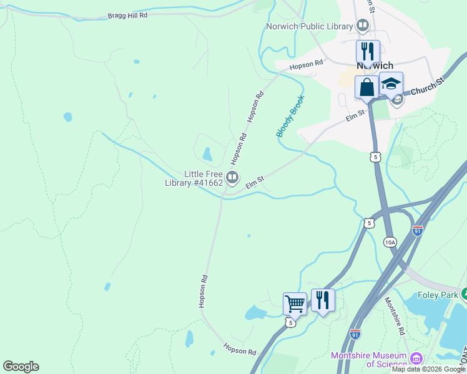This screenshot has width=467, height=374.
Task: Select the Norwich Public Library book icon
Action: point(363,26)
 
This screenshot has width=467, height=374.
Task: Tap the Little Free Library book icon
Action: point(232,178)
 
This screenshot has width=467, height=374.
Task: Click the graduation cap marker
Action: point(391,84)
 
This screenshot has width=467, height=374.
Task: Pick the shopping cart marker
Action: point(295,304)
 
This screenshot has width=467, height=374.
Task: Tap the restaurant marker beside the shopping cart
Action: point(323,300)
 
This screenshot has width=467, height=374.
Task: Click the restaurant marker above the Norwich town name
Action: point(368,51)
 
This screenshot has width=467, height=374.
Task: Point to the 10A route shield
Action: point(390,242)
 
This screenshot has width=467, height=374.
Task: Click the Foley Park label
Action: point(437,294)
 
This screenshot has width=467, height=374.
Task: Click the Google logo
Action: point(21,367)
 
